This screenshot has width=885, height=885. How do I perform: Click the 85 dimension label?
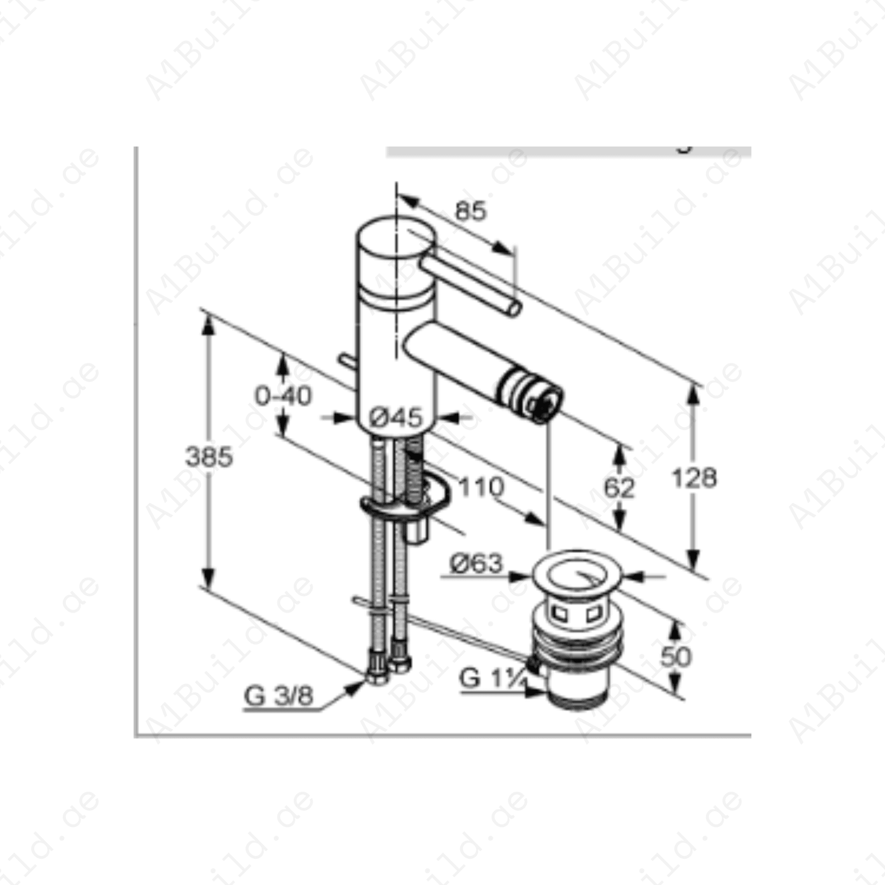pos(471,211)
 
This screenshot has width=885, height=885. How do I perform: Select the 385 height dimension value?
pos(208,457)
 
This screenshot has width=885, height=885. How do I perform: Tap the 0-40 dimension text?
pos(283,396)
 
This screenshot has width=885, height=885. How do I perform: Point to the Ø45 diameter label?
pos(396,417)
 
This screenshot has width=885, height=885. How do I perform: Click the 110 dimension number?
pos(481,487)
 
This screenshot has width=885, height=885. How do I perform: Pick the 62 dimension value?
pos(619,488)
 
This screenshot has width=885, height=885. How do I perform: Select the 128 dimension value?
pos(694,478)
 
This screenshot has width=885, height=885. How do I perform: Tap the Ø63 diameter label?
pos(476,563)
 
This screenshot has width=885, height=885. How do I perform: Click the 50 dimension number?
pos(676,656)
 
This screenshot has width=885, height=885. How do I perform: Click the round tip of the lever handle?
pos(514,309)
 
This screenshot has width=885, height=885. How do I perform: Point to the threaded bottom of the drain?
pos(578,698)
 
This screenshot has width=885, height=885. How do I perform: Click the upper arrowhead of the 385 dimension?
pos(208,324)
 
